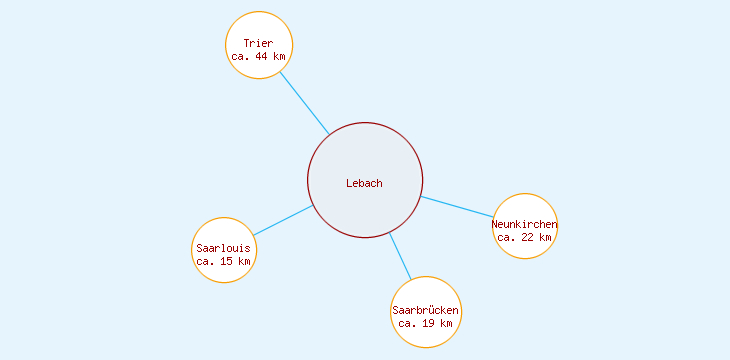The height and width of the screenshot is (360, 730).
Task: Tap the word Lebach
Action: [365, 183]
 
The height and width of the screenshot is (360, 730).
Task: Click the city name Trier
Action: [258, 44]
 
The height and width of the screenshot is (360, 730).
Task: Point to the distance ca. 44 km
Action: [258, 57]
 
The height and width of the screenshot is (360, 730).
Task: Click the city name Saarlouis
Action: [224, 248]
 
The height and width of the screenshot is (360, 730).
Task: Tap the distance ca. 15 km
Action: [224, 261]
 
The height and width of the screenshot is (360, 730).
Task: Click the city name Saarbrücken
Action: [426, 311]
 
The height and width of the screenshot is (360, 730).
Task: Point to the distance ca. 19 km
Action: [426, 324]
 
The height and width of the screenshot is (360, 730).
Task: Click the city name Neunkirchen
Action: [525, 224]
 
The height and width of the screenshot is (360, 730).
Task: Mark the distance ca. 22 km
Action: [525, 237]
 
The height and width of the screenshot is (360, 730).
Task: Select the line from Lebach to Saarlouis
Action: [283, 221]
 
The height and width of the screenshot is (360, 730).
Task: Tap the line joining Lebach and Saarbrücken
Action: [400, 256]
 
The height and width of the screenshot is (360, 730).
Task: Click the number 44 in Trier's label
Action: [262, 57]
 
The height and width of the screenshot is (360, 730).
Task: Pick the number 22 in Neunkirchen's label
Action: [528, 237]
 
